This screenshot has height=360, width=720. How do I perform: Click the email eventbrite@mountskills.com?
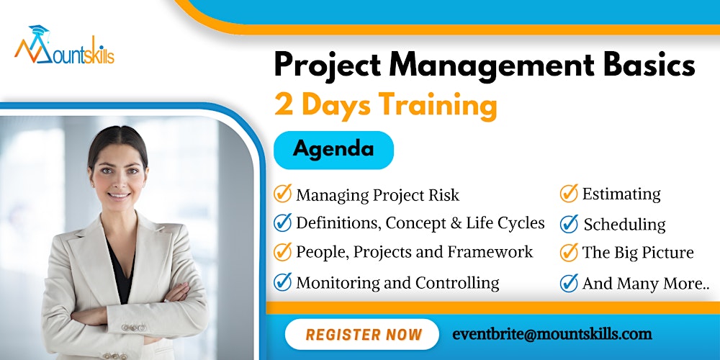pyautogui.click(x=552, y=334)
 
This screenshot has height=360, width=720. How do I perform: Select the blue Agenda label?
pyautogui.click(x=333, y=150)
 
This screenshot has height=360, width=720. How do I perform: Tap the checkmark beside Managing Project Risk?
pyautogui.click(x=283, y=194)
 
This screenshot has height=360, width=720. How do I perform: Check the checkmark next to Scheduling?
pyautogui.click(x=569, y=224)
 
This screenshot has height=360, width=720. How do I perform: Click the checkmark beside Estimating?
pyautogui.click(x=569, y=194)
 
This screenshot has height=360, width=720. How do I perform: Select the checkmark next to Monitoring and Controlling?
pyautogui.click(x=283, y=283)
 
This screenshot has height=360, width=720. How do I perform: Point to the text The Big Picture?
pyautogui.click(x=638, y=253)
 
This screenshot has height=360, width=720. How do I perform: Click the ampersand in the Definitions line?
pyautogui.click(x=455, y=224)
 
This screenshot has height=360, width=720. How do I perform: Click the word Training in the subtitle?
pyautogui.click(x=438, y=105)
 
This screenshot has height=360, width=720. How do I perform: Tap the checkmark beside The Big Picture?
pyautogui.click(x=569, y=253)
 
